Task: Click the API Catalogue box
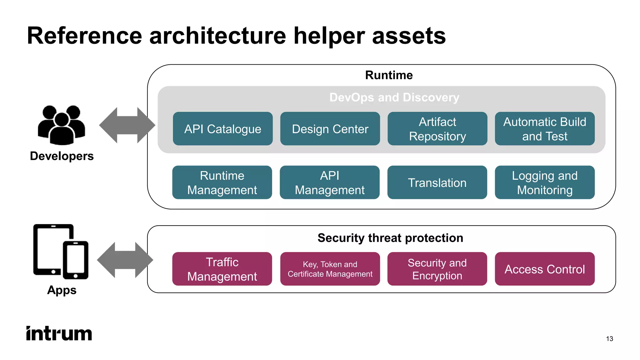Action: [x=222, y=129]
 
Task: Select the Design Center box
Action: [x=330, y=129]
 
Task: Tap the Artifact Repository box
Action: [x=437, y=129]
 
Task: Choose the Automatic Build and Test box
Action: [x=545, y=129]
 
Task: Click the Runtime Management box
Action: [x=222, y=182]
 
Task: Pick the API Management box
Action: [x=329, y=182]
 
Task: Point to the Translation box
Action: [x=437, y=182]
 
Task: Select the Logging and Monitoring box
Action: [x=545, y=182]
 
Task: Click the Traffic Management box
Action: [x=222, y=269]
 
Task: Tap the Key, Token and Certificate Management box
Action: [x=330, y=269]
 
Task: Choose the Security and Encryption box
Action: [x=437, y=269]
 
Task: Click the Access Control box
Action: [x=545, y=269]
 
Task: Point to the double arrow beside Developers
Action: [x=127, y=125]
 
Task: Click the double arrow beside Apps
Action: [x=125, y=260]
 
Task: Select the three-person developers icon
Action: [x=62, y=125]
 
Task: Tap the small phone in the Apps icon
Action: [x=76, y=260]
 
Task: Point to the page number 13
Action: [x=609, y=339]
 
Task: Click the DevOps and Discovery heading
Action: [x=394, y=97]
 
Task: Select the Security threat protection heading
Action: [x=390, y=238]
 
